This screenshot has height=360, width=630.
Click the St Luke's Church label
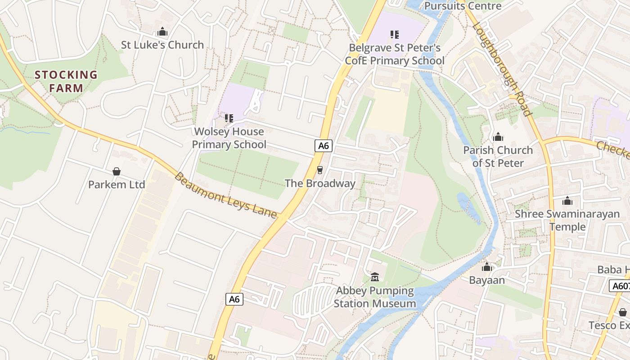(162, 45)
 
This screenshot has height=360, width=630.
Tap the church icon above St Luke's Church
(162, 32)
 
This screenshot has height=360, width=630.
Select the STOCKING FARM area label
(66, 81)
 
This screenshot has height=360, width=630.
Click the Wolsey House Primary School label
(229, 138)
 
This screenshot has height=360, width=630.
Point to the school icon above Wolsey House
(229, 118)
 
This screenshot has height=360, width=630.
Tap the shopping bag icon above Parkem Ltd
(117, 171)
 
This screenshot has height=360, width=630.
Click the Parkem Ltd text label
(117, 184)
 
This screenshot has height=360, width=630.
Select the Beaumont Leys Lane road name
(225, 195)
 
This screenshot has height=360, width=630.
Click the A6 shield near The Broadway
(324, 145)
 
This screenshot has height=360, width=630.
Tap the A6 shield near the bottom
(234, 299)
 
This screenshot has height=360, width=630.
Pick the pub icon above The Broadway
(320, 170)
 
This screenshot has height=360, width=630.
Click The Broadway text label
(320, 184)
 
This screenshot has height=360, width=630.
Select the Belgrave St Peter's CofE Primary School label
(395, 54)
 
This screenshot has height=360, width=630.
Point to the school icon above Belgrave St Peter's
(395, 34)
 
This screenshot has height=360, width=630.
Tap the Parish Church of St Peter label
(498, 156)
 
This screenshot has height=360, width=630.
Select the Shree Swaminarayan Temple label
(567, 220)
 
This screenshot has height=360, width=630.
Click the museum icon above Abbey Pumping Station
(375, 277)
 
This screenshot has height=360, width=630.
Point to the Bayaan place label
(487, 280)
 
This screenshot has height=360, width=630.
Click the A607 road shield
(620, 286)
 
